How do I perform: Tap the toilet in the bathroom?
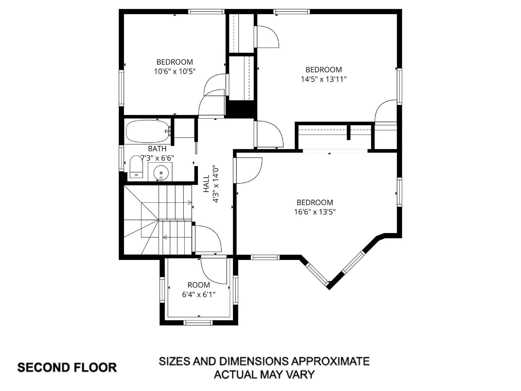(136, 167)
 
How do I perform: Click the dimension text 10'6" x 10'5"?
(175, 72)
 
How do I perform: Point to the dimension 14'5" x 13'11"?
(324, 79)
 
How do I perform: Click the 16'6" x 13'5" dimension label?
(315, 212)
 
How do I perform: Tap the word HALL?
(206, 183)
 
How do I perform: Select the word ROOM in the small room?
(199, 285)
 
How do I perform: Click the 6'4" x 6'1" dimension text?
(199, 295)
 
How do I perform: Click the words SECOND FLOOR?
(67, 368)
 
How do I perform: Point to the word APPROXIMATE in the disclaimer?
(330, 361)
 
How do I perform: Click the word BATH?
(157, 149)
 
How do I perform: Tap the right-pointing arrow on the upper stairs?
(190, 203)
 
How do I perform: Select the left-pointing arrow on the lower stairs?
(165, 237)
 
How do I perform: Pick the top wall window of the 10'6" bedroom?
(206, 11)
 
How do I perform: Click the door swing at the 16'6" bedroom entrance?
(248, 170)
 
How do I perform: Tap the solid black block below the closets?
(241, 109)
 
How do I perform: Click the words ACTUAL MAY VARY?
(264, 374)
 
